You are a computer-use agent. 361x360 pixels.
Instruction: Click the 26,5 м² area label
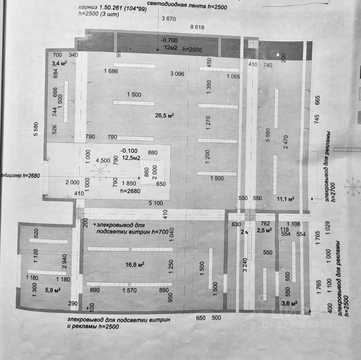click(x=165, y=115)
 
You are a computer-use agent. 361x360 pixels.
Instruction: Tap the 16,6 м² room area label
click(x=135, y=265)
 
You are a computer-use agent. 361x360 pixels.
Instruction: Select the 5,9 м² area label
click(x=52, y=290)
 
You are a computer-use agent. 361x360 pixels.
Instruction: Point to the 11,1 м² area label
click(x=285, y=198)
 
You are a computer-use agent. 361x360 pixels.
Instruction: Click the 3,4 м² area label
click(x=60, y=63)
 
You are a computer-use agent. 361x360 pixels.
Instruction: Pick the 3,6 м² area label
click(x=289, y=303)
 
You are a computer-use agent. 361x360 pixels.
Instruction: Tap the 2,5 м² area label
click(x=264, y=231)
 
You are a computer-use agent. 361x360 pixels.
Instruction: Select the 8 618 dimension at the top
click(x=197, y=27)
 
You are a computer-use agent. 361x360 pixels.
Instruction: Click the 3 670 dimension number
click(x=169, y=18)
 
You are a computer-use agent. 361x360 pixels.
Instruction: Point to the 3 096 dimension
click(x=177, y=74)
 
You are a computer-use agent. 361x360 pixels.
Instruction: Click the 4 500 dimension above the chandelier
click(x=103, y=160)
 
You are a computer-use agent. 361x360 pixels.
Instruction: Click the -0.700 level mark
click(x=169, y=40)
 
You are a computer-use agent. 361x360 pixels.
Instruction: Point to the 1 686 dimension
click(x=111, y=71)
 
